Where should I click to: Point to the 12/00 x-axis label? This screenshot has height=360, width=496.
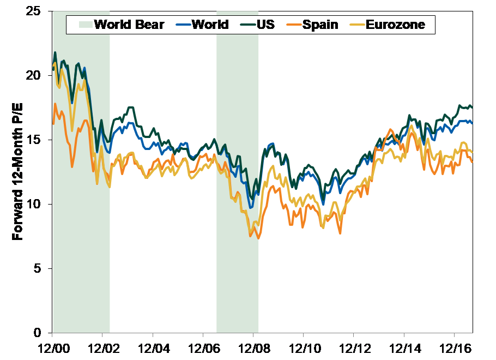tap(52, 347)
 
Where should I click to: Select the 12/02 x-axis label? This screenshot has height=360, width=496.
tap(102, 347)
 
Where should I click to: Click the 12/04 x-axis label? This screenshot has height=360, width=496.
tap(153, 347)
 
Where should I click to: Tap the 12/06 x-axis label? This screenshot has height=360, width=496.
tap(203, 347)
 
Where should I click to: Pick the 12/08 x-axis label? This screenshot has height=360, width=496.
tap(253, 347)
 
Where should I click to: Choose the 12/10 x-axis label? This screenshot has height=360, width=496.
tap(303, 347)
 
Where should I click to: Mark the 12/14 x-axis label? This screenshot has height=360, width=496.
tap(404, 347)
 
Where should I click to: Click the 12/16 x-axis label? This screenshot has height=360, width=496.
tap(454, 347)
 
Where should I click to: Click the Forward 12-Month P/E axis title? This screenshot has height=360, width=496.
tap(17, 172)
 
